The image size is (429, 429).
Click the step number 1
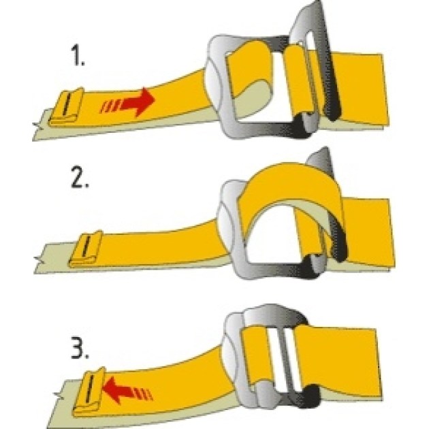click(x=78, y=56)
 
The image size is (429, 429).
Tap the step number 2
click(x=80, y=178)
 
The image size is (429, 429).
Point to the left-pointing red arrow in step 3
click(x=127, y=390)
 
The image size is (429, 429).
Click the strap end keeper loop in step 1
click(x=67, y=107)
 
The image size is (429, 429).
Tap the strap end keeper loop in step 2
click(x=85, y=249)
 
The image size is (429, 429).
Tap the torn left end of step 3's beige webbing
click(x=59, y=394)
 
